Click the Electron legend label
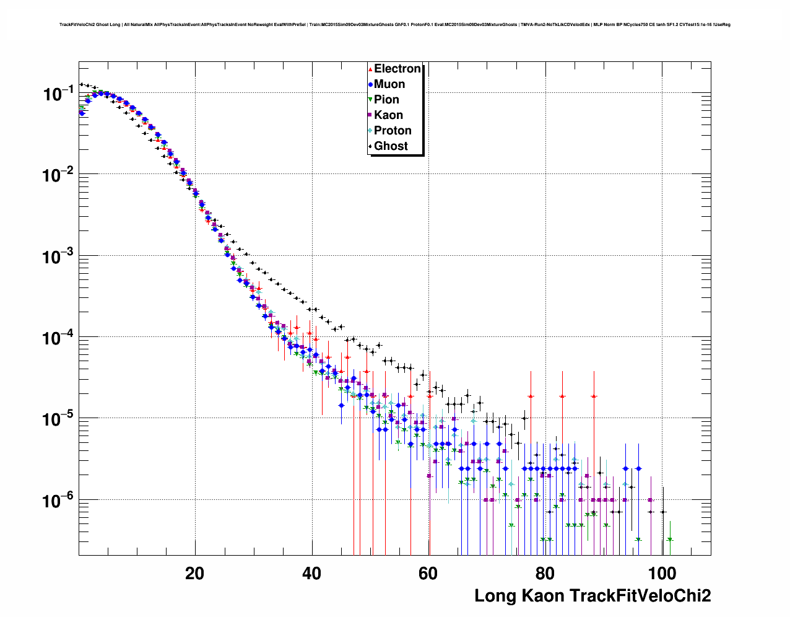pyautogui.click(x=397, y=69)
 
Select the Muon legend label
pyautogui.click(x=389, y=84)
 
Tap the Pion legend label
pyautogui.click(x=386, y=100)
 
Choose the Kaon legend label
pyautogui.click(x=388, y=115)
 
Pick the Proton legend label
pyautogui.click(x=393, y=131)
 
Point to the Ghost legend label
pyautogui.click(x=391, y=146)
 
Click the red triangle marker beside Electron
pyautogui.click(x=370, y=69)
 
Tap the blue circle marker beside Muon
pyautogui.click(x=370, y=84)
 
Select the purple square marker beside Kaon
pyautogui.click(x=370, y=115)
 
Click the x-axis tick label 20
pyautogui.click(x=194, y=573)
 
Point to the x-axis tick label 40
pyautogui.click(x=311, y=573)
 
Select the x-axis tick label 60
pyautogui.click(x=428, y=573)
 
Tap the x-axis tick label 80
pyautogui.click(x=545, y=573)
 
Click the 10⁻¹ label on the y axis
pyautogui.click(x=58, y=94)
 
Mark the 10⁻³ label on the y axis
pyautogui.click(x=58, y=256)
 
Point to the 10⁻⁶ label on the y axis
pyautogui.click(x=58, y=500)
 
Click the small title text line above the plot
pyautogui.click(x=394, y=25)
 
